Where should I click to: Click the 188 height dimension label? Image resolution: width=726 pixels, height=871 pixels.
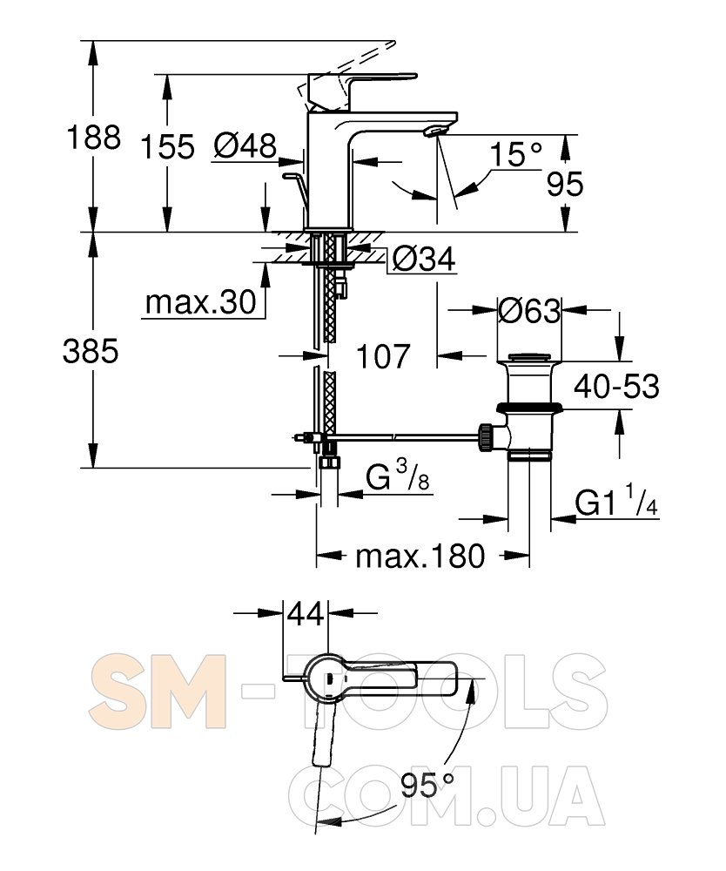pos(93,138)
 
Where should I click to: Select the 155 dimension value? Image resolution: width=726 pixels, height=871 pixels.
pos(167,147)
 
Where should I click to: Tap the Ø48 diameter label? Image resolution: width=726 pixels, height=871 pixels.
pos(245,146)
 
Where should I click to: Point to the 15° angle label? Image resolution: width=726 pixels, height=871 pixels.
pos(515,155)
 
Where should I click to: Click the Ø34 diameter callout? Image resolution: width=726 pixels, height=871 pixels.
pos(424,259)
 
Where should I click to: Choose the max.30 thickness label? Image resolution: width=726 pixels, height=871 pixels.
pos(200,303)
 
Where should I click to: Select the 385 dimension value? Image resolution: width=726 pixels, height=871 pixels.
pos(91,352)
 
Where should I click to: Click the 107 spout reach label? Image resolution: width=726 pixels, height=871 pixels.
pos(383,356)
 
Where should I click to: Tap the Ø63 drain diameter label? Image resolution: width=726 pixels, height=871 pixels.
pos(529,311)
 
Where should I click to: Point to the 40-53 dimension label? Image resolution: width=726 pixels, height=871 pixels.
pos(616,386)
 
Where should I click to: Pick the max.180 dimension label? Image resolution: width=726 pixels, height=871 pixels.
pos(420,556)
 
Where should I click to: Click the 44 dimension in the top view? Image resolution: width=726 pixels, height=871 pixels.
pos(306,614)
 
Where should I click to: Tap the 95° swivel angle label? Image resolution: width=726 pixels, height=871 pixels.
pos(427,786)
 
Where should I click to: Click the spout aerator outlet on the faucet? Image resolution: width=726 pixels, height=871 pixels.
pos(434,131)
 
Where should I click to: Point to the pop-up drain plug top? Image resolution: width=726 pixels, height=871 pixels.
pos(529,357)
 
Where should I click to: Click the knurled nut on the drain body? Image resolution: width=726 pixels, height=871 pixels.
pos(486,436)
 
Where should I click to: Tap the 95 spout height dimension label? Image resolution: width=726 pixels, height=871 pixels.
pos(565,184)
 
